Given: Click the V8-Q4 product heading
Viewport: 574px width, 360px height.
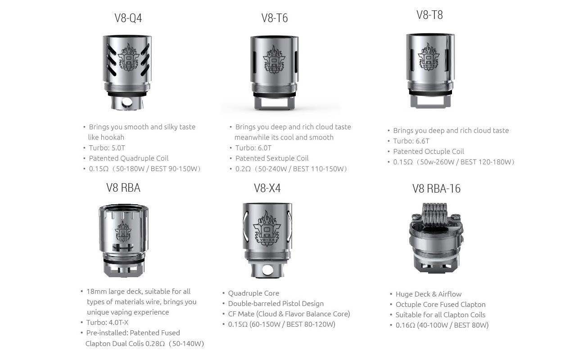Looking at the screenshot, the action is [x=128, y=18].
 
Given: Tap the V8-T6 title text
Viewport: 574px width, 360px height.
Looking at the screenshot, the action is [x=275, y=18].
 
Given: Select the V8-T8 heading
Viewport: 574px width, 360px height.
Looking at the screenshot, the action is [x=429, y=15].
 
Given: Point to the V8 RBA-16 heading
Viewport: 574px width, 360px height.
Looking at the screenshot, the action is [x=436, y=189].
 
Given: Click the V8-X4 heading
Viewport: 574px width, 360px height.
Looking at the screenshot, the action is [x=267, y=188].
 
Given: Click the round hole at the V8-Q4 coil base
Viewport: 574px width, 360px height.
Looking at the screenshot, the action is [x=127, y=103].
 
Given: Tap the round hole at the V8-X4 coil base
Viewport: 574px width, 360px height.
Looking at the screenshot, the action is [x=267, y=270].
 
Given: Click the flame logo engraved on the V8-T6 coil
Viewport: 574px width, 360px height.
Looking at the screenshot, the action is [x=274, y=60].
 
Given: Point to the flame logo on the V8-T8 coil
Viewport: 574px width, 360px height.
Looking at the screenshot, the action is [x=429, y=57].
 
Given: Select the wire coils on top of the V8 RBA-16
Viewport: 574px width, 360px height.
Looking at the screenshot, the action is [x=434, y=213].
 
